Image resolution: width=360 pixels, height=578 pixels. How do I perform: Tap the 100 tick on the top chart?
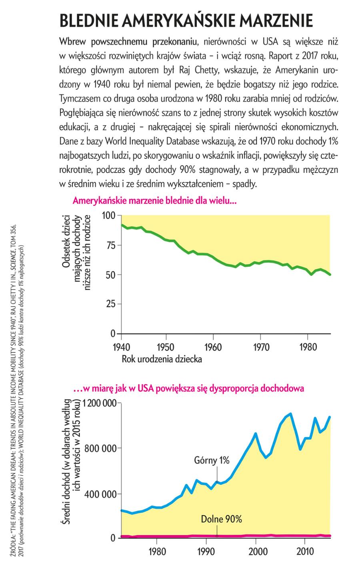click(x=108, y=216)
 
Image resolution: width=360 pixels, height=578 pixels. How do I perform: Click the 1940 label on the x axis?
click(x=120, y=346)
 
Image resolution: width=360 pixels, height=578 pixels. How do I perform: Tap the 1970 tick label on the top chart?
click(x=260, y=346)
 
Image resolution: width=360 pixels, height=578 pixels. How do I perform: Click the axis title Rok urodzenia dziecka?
click(x=162, y=359)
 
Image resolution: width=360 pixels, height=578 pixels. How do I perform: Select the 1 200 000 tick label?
click(x=99, y=404)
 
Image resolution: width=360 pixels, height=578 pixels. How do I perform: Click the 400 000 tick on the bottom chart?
click(x=103, y=494)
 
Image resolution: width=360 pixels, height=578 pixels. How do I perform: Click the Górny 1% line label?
click(x=212, y=460)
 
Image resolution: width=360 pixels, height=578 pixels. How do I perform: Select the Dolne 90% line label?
click(x=221, y=520)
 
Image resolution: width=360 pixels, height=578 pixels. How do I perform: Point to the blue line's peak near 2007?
click(x=290, y=414)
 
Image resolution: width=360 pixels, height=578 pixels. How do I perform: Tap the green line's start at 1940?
click(x=122, y=225)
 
